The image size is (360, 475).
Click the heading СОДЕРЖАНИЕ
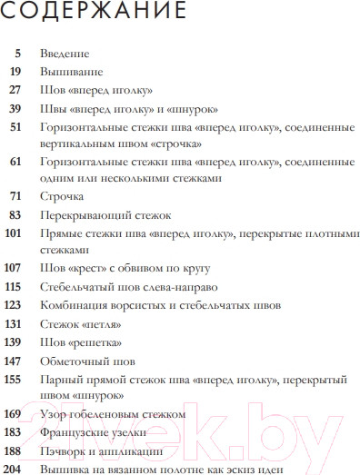coord(95,14)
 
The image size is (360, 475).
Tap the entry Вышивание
coord(72,71)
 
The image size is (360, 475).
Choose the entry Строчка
coord(62,196)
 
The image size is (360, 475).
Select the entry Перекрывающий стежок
coord(101,214)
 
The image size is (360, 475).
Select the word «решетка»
coord(95,341)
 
